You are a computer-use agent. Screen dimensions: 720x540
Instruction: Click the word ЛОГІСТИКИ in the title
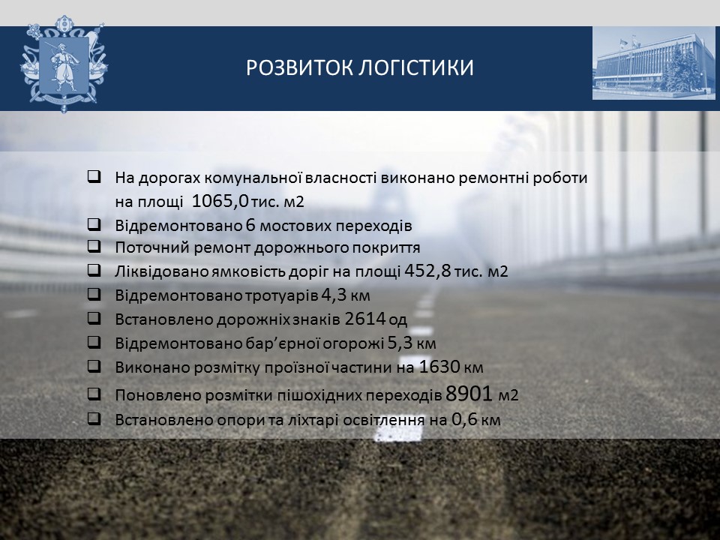coord(415,67)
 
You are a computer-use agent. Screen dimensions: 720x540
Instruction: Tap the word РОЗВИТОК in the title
coord(299,67)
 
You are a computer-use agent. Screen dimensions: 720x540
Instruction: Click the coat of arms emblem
coord(64,64)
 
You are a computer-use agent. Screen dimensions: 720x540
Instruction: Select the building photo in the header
coord(653,63)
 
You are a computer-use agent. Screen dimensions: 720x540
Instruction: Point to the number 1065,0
coord(220,201)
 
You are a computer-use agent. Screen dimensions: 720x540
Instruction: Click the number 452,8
coord(428,271)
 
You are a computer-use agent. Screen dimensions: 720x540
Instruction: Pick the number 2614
coord(364,318)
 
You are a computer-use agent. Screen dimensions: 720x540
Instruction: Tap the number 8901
coord(469,394)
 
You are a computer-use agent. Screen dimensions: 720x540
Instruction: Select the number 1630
coord(439,367)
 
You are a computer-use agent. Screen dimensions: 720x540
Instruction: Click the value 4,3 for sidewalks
coord(334,295)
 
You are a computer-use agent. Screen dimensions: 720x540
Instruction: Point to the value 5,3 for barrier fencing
coord(400,343)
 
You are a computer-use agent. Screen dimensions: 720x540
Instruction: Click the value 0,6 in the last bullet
coord(464,419)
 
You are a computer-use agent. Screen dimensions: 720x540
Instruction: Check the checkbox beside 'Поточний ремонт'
coord(94,247)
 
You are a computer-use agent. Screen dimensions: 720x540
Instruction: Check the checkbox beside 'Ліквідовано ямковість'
coord(94,270)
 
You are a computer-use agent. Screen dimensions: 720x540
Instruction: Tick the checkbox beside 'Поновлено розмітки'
coord(94,394)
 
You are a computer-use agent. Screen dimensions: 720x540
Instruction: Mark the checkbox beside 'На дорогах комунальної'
coord(94,177)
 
